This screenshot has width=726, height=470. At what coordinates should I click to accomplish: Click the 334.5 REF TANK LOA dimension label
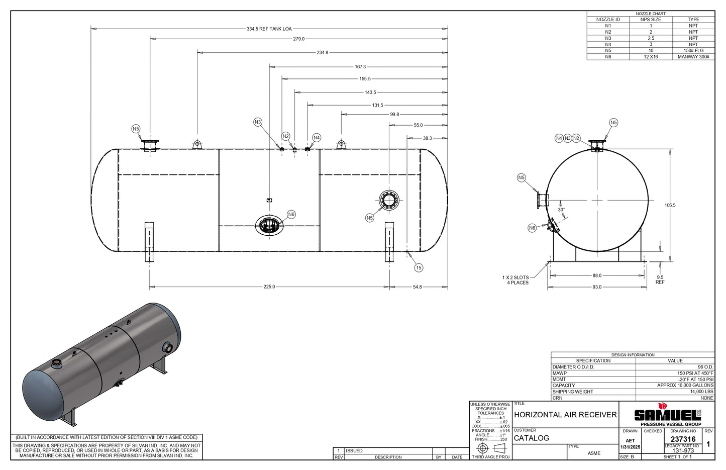[x=269, y=29]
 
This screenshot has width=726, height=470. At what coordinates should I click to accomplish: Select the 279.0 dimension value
[x=299, y=39]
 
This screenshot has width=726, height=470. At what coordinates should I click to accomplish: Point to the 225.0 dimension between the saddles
[x=269, y=287]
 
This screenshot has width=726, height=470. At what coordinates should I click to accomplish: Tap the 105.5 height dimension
[x=670, y=205]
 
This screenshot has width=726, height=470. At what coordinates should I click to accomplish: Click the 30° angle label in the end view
[x=561, y=210]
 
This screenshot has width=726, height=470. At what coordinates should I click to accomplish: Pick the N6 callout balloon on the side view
[x=291, y=214]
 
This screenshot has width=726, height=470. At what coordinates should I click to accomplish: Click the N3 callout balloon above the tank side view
[x=258, y=122]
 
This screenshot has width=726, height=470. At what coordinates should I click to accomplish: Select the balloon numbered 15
[x=419, y=268]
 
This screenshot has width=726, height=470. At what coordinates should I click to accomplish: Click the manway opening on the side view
[x=269, y=225]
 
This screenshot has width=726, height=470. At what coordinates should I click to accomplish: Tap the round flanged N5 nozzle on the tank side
[x=389, y=200]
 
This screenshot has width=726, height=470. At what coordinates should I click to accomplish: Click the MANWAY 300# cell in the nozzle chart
[x=693, y=57]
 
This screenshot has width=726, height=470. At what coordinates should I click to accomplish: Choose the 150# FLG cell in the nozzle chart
[x=693, y=51]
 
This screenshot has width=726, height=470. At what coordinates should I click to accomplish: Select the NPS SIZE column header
[x=651, y=20]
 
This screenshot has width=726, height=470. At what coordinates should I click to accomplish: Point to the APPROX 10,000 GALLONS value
[x=685, y=386]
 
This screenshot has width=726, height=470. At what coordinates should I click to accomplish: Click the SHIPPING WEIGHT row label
[x=573, y=392]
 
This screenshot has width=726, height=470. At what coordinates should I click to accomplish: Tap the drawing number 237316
[x=683, y=439]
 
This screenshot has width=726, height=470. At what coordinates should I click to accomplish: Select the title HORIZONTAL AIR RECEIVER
[x=565, y=415]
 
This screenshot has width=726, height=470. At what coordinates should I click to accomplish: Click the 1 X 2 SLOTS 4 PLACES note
[x=516, y=280]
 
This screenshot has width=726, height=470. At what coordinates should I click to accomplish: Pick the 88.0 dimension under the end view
[x=597, y=275]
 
